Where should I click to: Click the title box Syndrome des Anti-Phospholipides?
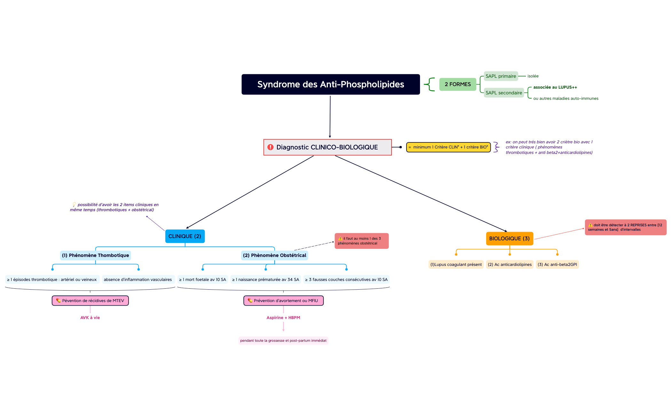pyautogui.click(x=330, y=84)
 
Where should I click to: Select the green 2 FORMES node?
pyautogui.click(x=457, y=84)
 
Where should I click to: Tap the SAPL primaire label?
pyautogui.click(x=501, y=76)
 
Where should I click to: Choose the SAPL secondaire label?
pyautogui.click(x=503, y=93)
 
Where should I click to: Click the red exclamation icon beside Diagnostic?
pyautogui.click(x=270, y=147)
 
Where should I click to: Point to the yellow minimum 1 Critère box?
pyautogui.click(x=448, y=147)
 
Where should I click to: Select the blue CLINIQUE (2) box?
pyautogui.click(x=185, y=236)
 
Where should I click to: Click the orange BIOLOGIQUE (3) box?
pyautogui.click(x=509, y=238)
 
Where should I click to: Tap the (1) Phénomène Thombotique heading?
pyautogui.click(x=95, y=255)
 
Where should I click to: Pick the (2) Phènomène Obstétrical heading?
pyautogui.click(x=274, y=255)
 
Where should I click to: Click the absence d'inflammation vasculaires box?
pyautogui.click(x=138, y=280)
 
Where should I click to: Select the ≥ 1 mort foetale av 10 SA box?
pyautogui.click(x=202, y=280)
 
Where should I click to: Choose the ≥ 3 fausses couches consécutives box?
pyautogui.click(x=346, y=280)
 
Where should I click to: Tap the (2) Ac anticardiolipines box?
pyautogui.click(x=510, y=265)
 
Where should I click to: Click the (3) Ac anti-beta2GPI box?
pyautogui.click(x=557, y=265)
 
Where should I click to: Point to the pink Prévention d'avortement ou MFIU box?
pyautogui.click(x=283, y=301)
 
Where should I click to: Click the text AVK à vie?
pyautogui.click(x=90, y=318)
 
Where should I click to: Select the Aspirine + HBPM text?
pyautogui.click(x=283, y=318)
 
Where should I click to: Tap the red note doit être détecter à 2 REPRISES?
pyautogui.click(x=625, y=227)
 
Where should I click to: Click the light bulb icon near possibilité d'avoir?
pyautogui.click(x=74, y=204)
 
